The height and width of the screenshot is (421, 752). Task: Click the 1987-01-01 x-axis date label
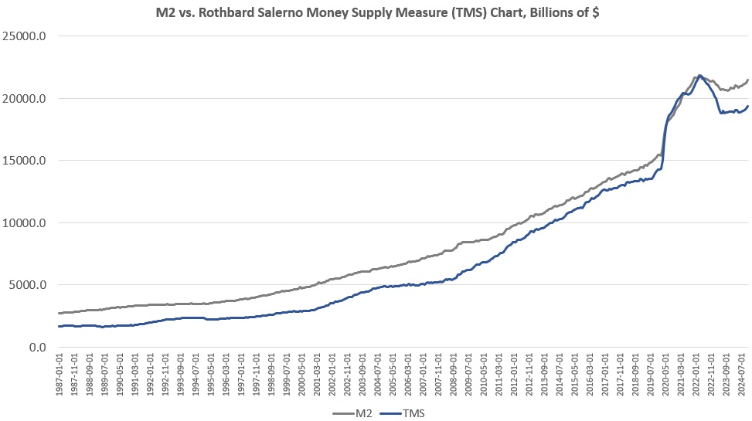tap(60, 375)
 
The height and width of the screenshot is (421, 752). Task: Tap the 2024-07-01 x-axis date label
tap(743, 375)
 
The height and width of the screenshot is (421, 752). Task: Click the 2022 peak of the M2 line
tap(699, 76)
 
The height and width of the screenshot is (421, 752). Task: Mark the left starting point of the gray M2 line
tap(59, 313)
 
